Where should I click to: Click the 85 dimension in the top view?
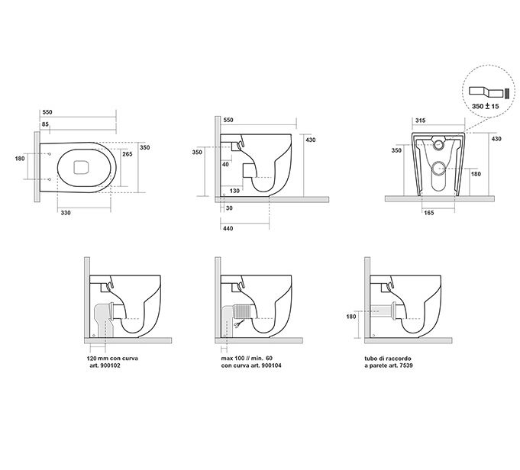46,124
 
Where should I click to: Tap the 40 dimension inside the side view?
226,164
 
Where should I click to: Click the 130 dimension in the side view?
234,191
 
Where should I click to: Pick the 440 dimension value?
228,228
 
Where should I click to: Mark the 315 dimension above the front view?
418,121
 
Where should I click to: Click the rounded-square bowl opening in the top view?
80,168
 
